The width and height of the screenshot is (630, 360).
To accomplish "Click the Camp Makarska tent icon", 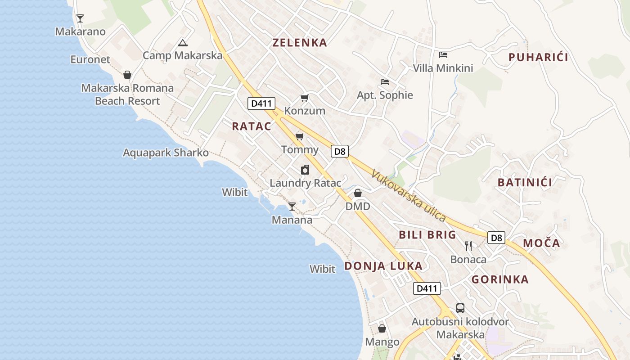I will pos(182,43).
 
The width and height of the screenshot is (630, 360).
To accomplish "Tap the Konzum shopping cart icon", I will pos(305,98).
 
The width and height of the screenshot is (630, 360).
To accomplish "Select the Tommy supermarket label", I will pos(300,149).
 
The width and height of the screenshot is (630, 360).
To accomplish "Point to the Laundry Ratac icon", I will pos(305,170).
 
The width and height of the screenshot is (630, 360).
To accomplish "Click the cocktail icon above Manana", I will pos(292,207).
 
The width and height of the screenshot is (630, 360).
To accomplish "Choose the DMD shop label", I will pos(358,206).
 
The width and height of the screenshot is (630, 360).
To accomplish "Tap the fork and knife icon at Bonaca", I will pos(468,246).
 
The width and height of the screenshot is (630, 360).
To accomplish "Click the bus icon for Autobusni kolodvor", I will pos(460,308).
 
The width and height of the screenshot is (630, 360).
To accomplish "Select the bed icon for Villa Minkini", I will pos(443,55).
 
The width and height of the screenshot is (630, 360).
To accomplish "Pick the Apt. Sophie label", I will pos(385,95).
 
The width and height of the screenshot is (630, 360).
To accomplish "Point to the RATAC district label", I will pos(252,126).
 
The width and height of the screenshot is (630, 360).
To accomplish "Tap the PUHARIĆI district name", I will pos(538,57).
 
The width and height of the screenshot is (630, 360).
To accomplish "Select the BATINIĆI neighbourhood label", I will pos(525,182).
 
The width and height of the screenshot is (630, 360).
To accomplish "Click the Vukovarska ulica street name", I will pos(409,195).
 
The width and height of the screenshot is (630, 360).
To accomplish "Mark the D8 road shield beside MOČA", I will pos(496,238).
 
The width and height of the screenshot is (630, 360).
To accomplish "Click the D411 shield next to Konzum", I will pos(261,103).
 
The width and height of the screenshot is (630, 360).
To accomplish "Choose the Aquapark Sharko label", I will pos(166,153).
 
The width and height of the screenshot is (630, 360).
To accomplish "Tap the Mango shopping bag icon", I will pos(382,328).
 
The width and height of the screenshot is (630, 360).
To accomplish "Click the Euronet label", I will pos(90,59).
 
